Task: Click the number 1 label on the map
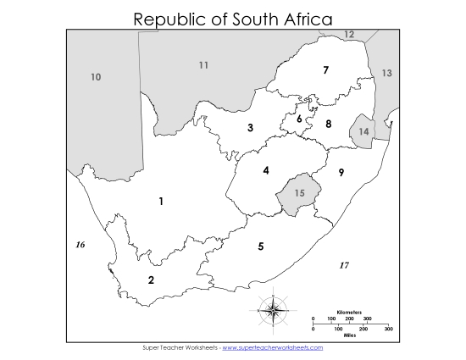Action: [x=161, y=202]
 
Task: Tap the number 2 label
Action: [x=151, y=280]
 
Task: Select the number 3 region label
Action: [x=250, y=129]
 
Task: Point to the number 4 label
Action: [x=266, y=170]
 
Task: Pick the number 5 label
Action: [x=261, y=246]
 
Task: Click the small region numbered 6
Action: [x=299, y=119]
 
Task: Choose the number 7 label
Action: [x=325, y=70]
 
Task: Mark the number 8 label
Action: [x=329, y=124]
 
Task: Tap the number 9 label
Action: [x=341, y=173]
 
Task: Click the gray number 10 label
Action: [x=96, y=78]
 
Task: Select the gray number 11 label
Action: [x=203, y=65]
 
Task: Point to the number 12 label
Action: [x=349, y=35]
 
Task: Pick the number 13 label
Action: [x=386, y=74]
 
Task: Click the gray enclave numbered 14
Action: [x=363, y=132]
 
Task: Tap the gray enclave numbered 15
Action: [x=299, y=192]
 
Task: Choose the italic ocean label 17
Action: [x=344, y=265]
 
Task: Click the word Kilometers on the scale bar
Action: [x=349, y=313]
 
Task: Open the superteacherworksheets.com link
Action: [x=272, y=347]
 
